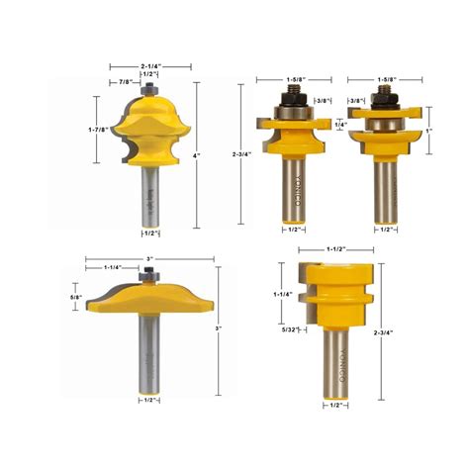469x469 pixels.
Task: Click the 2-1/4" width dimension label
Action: coord(149,65)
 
